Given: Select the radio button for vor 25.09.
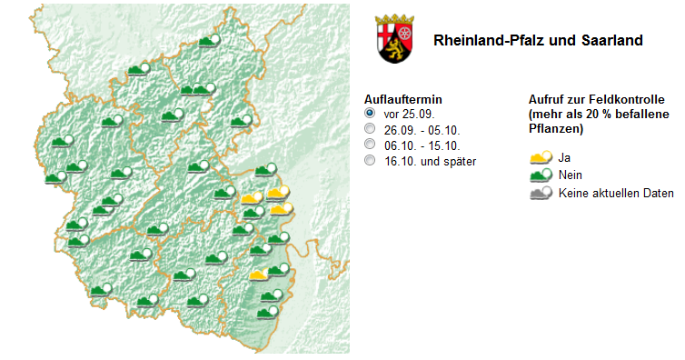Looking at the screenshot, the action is coord(370,114).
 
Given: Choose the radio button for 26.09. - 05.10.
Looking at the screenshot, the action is coord(370,129).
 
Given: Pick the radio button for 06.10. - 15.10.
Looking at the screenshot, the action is coord(370,145).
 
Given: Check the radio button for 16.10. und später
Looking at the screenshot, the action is coord(370,161).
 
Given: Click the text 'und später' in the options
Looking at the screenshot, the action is coord(450,161).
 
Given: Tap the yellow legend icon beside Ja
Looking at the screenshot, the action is coord(541,157).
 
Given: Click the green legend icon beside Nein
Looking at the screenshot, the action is coord(541,175).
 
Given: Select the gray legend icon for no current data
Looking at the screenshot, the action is coord(541,193).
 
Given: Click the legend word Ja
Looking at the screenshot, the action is coord(564,157).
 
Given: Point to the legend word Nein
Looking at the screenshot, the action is coord(571,175).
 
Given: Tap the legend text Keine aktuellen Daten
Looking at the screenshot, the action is coord(616,193).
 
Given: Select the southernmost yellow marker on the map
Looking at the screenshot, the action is coord(259,273).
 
